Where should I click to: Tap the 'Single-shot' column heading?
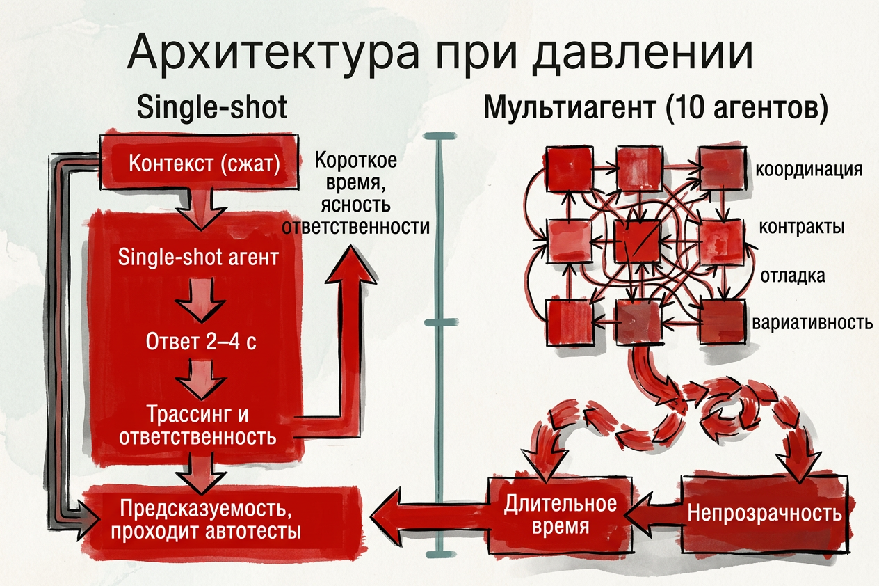(212, 109)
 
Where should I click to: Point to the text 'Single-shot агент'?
(199, 258)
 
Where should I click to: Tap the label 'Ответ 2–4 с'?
(199, 342)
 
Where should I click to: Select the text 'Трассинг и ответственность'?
(198, 426)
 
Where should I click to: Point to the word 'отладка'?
(793, 275)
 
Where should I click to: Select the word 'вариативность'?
(812, 324)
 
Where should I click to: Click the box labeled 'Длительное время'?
(561, 515)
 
